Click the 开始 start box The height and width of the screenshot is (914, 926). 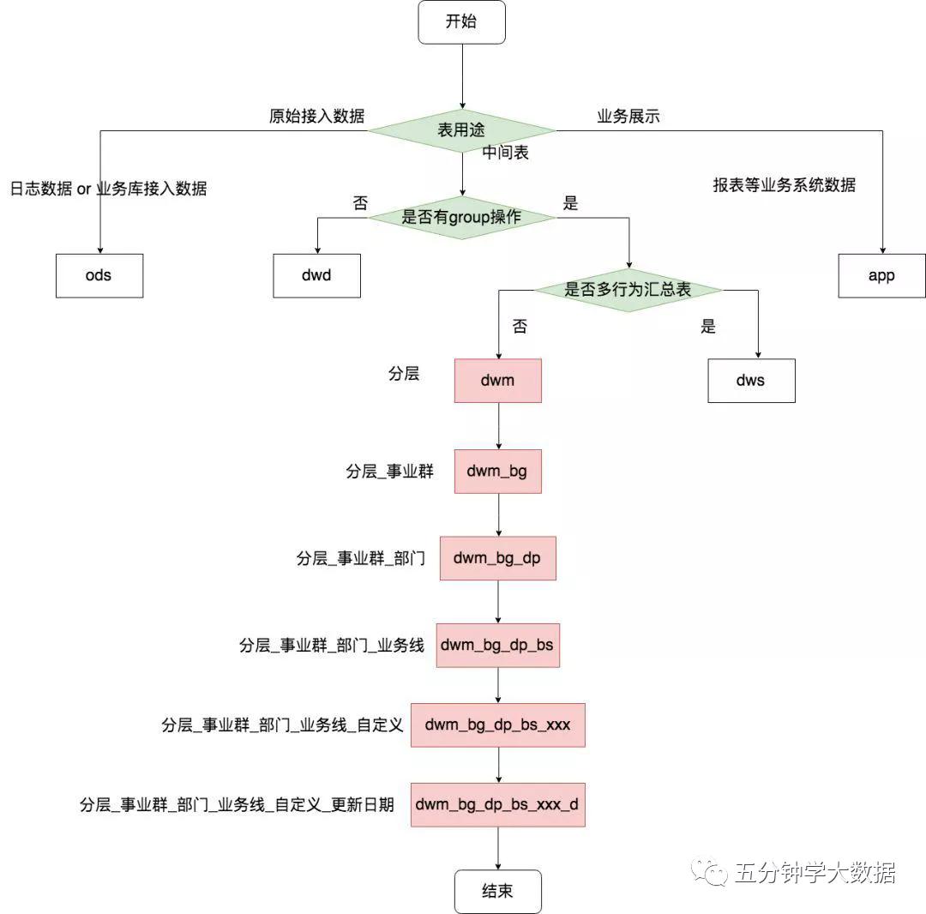click(x=461, y=22)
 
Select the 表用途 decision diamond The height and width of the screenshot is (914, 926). click(x=461, y=131)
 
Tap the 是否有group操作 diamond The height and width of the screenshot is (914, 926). click(x=461, y=218)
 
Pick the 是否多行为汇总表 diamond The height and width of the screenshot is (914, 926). click(x=628, y=290)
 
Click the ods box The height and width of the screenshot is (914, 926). click(x=99, y=275)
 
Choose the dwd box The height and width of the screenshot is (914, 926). click(x=316, y=275)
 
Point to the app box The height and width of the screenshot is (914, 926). click(x=881, y=275)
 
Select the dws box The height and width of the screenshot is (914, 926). click(x=751, y=380)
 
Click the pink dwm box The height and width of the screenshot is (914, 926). click(x=497, y=380)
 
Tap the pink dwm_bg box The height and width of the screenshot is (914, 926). click(x=497, y=471)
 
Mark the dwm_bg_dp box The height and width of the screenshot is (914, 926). click(x=497, y=558)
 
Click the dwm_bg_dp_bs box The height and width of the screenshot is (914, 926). click(x=497, y=645)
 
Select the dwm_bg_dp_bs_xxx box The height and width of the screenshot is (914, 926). click(x=497, y=725)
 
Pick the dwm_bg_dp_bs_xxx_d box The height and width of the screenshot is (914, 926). click(x=497, y=804)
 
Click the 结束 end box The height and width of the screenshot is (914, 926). click(x=497, y=892)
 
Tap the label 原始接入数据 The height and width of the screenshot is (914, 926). click(x=316, y=117)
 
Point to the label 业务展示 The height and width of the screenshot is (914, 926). click(x=628, y=117)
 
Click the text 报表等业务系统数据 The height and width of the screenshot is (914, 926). click(x=784, y=184)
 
